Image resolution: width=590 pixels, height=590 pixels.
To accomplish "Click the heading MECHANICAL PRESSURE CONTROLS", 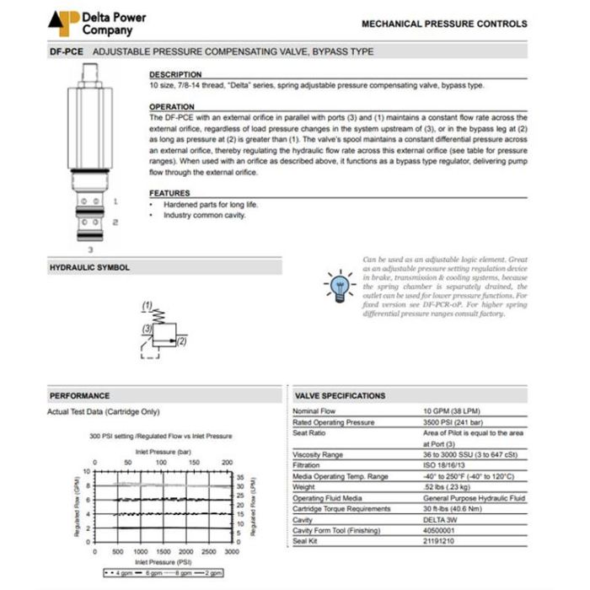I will click(x=443, y=24).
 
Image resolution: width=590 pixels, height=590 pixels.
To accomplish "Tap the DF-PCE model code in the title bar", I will click(x=65, y=51).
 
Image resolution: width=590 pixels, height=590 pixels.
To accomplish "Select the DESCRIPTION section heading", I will click(x=174, y=74).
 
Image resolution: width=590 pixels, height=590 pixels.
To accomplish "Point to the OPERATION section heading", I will click(x=171, y=107).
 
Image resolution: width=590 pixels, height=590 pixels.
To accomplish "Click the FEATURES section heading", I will click(x=169, y=193).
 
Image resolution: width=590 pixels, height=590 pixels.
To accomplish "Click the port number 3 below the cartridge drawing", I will click(x=90, y=249).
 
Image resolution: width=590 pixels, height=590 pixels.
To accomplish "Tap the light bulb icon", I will click(x=339, y=285).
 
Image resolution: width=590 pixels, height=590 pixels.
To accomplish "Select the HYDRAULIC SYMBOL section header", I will click(x=89, y=267).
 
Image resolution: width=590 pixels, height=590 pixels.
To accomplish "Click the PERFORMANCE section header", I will click(x=79, y=395).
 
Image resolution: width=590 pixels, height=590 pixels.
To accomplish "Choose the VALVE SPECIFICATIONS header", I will click(x=340, y=395).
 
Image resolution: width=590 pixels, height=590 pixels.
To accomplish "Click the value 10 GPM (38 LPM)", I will click(x=453, y=411).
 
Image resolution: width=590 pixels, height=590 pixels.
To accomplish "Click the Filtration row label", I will click(x=307, y=464).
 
